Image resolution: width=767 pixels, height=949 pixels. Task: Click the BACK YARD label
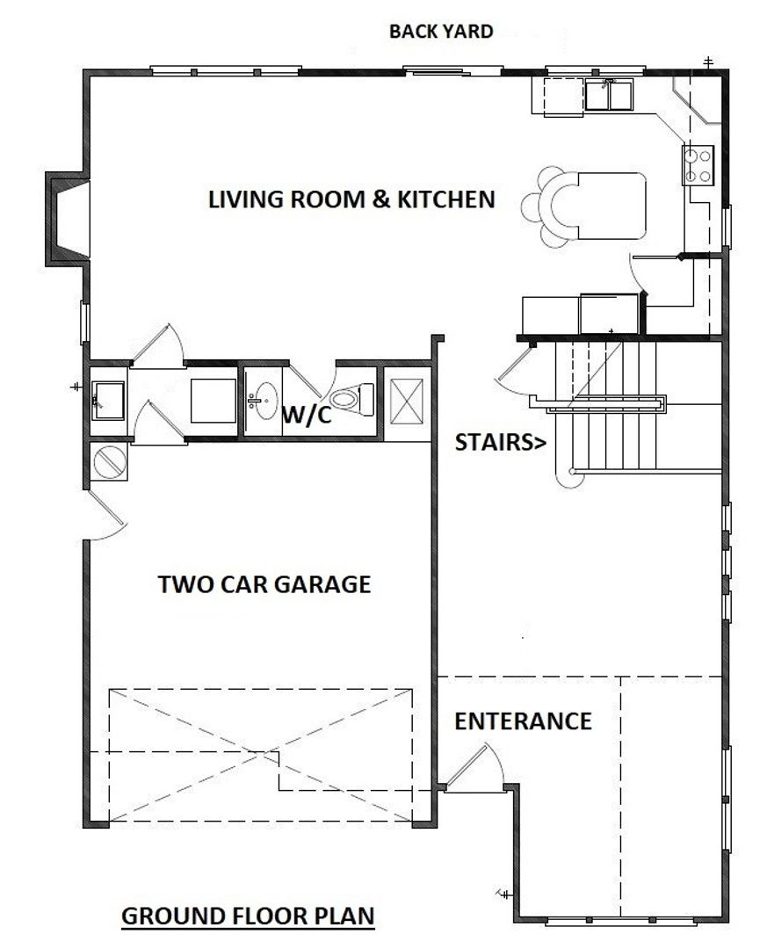pos(441,31)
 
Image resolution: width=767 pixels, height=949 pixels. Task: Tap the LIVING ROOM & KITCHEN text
pos(351,199)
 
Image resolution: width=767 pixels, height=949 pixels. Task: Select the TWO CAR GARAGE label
pos(264,584)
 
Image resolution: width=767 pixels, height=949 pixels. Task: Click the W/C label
pos(307,415)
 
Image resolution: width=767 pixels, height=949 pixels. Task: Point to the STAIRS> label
pos(500,442)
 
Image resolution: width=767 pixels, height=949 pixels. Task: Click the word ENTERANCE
pos(523,721)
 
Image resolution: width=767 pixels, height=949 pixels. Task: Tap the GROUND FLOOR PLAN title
pos(248,916)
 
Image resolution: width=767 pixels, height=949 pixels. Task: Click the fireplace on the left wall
pos(68,219)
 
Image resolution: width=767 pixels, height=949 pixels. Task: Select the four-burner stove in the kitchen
pos(698,165)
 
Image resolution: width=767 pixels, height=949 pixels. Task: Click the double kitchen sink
pos(608,94)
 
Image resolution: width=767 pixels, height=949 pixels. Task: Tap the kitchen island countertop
pos(611,206)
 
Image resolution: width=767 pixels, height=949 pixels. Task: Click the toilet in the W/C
pos(352,399)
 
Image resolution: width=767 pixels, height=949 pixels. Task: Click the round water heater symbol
pos(110,461)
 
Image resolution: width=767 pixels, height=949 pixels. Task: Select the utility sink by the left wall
pos(108,400)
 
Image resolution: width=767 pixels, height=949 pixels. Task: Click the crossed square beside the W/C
pos(407,402)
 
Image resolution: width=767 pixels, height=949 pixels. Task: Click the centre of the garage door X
pos(261,754)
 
